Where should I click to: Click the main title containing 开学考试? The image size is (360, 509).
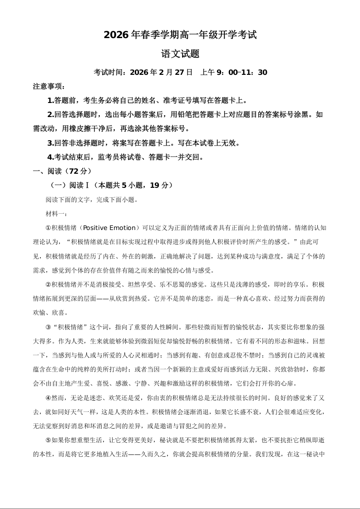coord(180,34)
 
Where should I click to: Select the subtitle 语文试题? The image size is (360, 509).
coord(180,54)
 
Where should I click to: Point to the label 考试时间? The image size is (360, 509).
coord(108,72)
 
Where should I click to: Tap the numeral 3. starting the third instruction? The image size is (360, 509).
coord(50,143)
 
